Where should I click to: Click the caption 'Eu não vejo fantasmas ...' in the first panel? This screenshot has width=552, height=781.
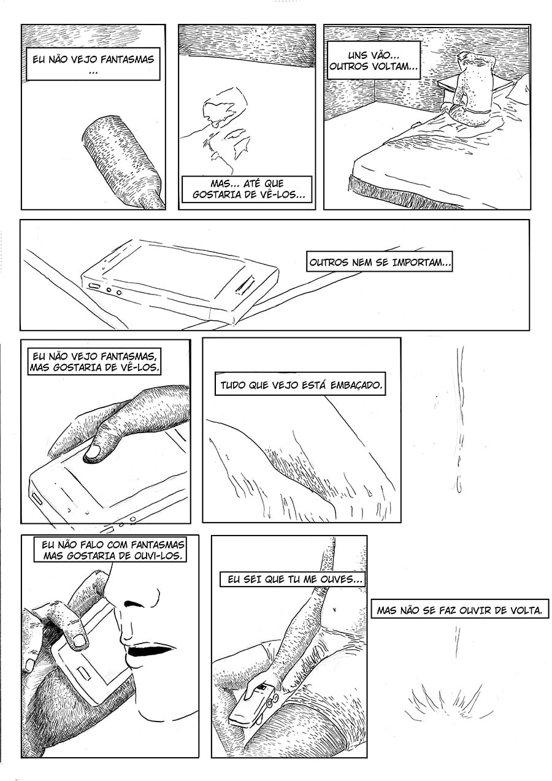pyautogui.click(x=93, y=64)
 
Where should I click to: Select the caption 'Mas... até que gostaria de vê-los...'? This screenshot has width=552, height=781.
pyautogui.click(x=248, y=188)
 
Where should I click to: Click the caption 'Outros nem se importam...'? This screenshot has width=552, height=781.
pyautogui.click(x=380, y=262)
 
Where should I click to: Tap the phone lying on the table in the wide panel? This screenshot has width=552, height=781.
pyautogui.click(x=181, y=279)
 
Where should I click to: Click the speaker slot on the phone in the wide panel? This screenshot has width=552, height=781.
pyautogui.click(x=246, y=285)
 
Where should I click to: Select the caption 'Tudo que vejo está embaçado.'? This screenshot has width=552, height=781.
pyautogui.click(x=301, y=386)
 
